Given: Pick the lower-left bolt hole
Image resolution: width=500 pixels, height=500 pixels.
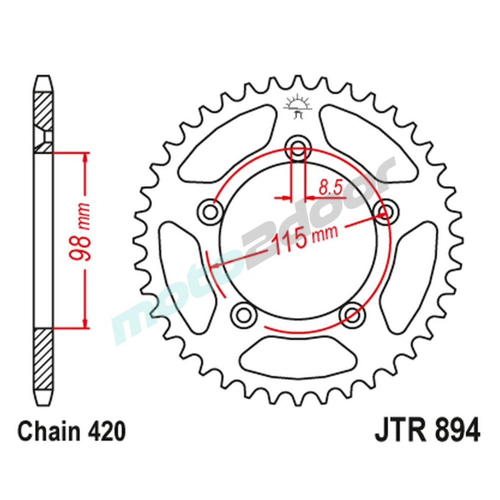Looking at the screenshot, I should coord(244,314).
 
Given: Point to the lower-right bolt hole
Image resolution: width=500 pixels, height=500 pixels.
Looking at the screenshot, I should coord(352,314).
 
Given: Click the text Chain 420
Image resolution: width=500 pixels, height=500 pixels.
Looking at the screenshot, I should coord(71,431).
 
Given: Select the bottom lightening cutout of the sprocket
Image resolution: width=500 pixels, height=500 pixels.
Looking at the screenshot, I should coord(298,356).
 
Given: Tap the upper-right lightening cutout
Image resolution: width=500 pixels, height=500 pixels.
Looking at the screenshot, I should coord(367,145).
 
